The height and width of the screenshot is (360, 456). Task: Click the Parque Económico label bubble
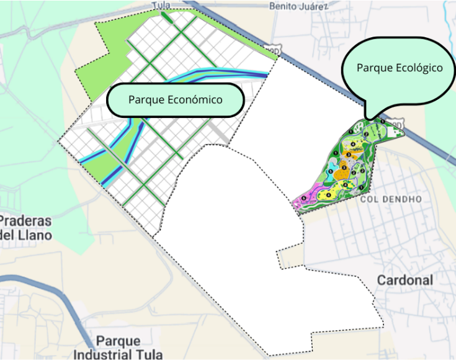pyautogui.click(x=175, y=99)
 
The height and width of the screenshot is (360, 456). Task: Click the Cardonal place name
pyautogui.click(x=405, y=280)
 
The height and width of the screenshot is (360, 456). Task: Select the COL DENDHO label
pyautogui.click(x=390, y=199)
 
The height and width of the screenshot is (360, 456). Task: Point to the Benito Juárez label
pyautogui.click(x=298, y=6)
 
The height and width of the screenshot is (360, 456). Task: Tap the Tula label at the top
pyautogui.click(x=161, y=5)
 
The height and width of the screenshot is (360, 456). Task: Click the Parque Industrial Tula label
pyautogui.click(x=118, y=348)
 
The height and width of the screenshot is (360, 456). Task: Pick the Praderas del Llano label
pyautogui.click(x=26, y=228)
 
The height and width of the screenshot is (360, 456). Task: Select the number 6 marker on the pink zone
pyautogui.click(x=303, y=199)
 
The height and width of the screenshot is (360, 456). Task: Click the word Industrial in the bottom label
pyautogui.click(x=99, y=355)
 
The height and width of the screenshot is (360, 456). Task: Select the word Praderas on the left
pyautogui.click(x=26, y=221)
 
